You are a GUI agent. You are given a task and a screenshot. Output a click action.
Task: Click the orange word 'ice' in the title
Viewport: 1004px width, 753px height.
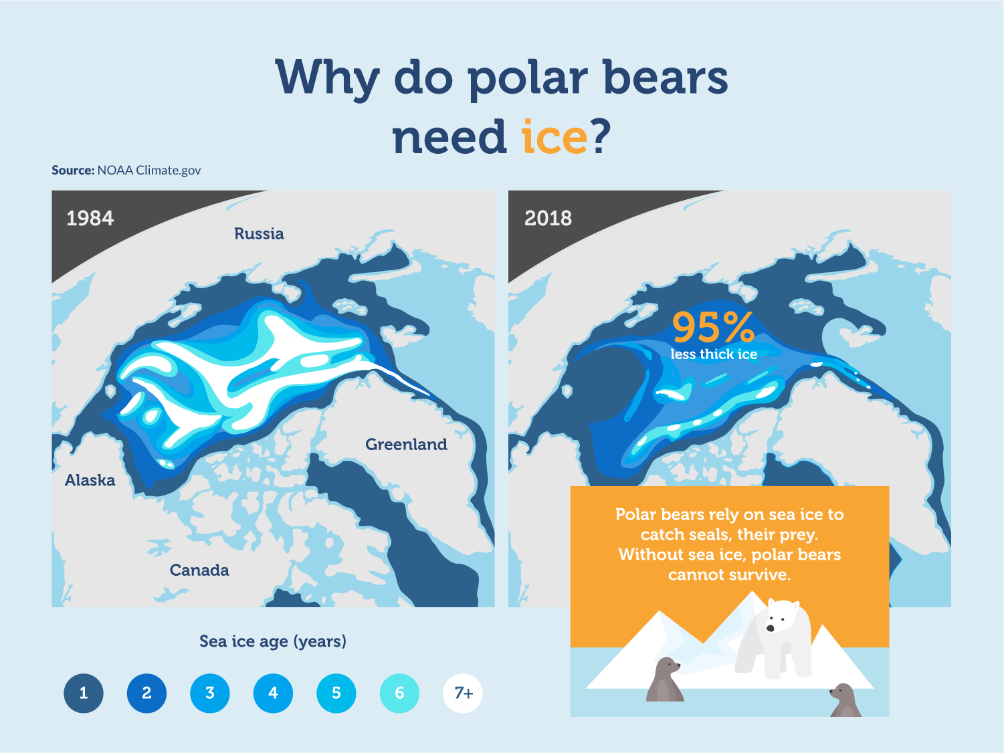(x=554, y=136)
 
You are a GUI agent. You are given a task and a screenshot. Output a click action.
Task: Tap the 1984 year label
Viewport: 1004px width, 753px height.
(x=90, y=218)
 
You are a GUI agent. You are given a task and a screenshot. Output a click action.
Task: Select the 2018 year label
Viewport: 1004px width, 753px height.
(x=548, y=218)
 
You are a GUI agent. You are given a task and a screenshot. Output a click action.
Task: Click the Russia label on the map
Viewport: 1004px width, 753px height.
(x=259, y=233)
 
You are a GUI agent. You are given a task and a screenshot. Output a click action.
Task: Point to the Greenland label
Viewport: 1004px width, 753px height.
(x=406, y=445)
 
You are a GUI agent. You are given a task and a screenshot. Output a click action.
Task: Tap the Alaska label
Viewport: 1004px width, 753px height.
(x=90, y=480)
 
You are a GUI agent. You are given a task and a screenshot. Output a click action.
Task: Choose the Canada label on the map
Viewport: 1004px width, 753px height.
(x=199, y=570)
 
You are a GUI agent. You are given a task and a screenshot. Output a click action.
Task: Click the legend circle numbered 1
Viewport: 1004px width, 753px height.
(x=84, y=693)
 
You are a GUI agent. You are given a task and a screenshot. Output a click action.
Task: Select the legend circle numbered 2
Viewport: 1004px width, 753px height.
(x=147, y=693)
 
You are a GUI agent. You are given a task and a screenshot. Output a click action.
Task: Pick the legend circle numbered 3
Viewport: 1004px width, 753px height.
(x=210, y=693)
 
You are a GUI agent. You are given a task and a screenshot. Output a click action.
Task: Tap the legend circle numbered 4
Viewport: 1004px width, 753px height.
(x=273, y=693)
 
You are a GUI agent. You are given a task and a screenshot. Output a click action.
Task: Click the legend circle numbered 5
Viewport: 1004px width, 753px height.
(x=336, y=693)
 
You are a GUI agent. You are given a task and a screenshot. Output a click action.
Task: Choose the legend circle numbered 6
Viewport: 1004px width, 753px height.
(x=399, y=693)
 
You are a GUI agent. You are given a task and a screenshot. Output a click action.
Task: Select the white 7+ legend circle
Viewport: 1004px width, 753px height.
(x=462, y=693)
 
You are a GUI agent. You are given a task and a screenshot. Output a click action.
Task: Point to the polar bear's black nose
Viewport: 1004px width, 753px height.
(x=771, y=629)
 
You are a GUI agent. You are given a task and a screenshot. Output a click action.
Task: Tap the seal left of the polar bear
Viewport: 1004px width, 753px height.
(x=665, y=679)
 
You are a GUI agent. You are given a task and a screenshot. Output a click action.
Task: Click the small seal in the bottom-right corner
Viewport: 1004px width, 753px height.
(x=845, y=700)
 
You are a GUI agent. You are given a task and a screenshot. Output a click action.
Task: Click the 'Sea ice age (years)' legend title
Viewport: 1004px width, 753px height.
(x=273, y=641)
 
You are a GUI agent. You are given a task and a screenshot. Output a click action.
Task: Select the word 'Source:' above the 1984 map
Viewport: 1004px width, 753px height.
(x=73, y=170)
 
